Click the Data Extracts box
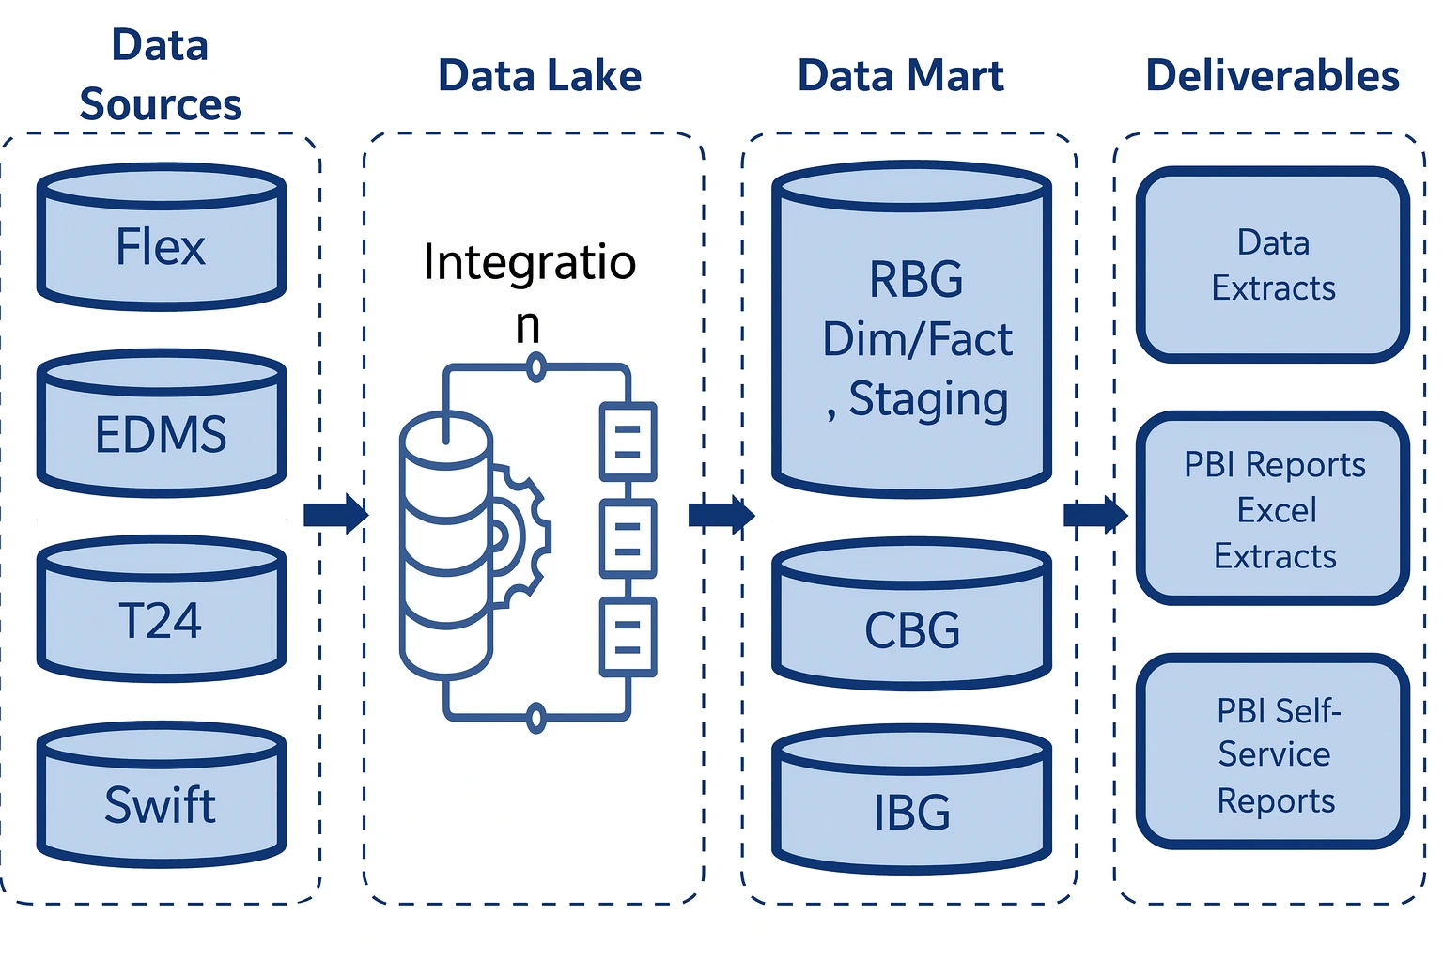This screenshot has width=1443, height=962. tap(1273, 265)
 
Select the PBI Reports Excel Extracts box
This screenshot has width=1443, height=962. tap(1273, 508)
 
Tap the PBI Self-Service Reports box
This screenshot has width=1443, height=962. tap(1273, 752)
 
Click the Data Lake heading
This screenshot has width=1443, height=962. tap(539, 76)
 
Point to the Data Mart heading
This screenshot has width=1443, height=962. tap(900, 76)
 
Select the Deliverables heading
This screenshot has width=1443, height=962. tap(1272, 76)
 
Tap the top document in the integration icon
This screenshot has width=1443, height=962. tap(628, 442)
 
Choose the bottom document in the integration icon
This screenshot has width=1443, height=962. tap(628, 637)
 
